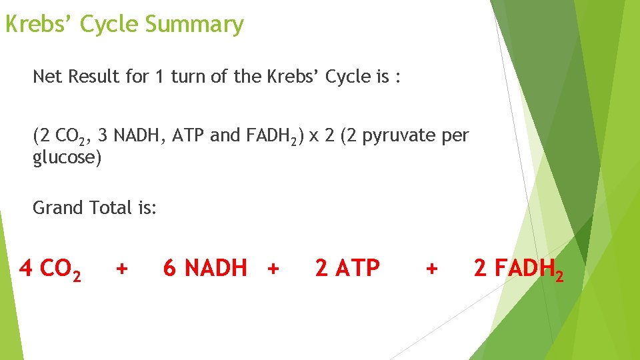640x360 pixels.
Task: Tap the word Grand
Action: point(58,208)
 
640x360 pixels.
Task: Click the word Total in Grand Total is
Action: point(113,208)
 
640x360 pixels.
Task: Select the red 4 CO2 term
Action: point(51,269)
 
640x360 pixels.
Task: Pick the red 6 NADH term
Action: point(205,269)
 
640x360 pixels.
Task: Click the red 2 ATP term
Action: point(347,269)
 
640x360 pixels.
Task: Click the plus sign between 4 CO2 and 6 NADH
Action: point(121,269)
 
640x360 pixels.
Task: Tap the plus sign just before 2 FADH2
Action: point(432,269)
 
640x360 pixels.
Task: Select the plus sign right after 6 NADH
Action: point(272,269)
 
